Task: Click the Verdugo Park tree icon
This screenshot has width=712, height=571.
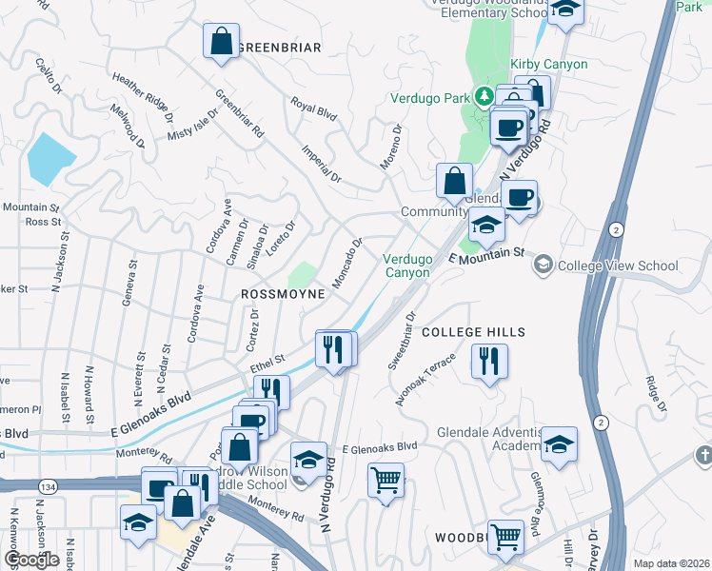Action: pyautogui.click(x=485, y=96)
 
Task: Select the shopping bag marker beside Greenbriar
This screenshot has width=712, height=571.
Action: pyautogui.click(x=221, y=42)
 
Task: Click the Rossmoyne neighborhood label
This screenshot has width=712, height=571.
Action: pyautogui.click(x=283, y=295)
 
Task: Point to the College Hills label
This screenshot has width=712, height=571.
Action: pyautogui.click(x=473, y=331)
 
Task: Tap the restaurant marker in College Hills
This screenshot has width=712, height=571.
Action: pyautogui.click(x=489, y=362)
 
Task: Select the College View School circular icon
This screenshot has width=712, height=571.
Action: pyautogui.click(x=544, y=264)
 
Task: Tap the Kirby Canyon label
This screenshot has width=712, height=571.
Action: pyautogui.click(x=549, y=64)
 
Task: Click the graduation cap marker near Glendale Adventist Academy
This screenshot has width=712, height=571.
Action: pyautogui.click(x=559, y=443)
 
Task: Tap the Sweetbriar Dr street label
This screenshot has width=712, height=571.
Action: pyautogui.click(x=403, y=341)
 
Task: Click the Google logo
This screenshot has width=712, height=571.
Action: pyautogui.click(x=31, y=560)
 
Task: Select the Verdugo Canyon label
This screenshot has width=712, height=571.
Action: pyautogui.click(x=408, y=266)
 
